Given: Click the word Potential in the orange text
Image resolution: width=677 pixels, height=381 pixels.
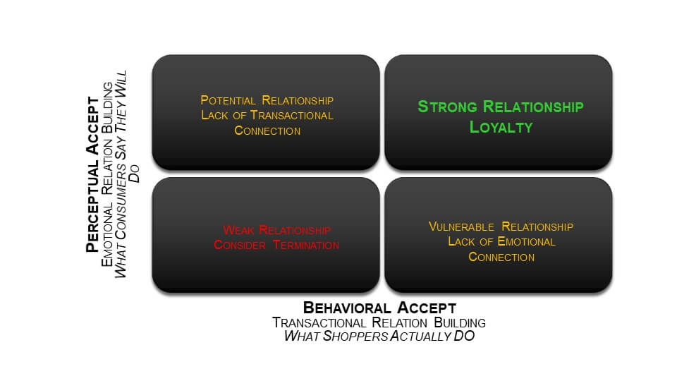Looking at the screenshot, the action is [228, 100].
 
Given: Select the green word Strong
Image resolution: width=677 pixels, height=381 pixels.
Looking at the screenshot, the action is [447, 107].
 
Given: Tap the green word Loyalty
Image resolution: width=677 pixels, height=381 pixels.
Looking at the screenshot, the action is [501, 127].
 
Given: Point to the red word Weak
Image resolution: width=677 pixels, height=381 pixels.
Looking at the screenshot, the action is [238, 230].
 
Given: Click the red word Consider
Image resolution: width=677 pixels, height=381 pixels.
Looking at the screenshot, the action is [240, 245].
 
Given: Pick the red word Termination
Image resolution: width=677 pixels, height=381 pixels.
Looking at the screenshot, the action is [306, 245].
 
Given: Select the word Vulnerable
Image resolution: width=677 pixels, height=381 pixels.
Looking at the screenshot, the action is [461, 226].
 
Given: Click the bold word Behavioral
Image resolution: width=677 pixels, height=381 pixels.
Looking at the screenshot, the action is [347, 308].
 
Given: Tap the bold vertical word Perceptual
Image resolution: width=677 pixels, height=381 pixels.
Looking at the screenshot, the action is [92, 204].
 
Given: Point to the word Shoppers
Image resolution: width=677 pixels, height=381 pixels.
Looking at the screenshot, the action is [355, 336].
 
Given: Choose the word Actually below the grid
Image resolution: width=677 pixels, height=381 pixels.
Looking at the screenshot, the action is [420, 336].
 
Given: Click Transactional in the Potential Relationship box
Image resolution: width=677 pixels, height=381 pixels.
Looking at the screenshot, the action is [292, 115].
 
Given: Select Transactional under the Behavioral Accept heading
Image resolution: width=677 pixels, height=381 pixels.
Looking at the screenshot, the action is [319, 322].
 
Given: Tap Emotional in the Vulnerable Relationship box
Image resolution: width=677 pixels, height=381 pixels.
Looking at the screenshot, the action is [526, 241].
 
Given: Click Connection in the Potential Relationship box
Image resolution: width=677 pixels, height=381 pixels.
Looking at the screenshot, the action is [267, 131].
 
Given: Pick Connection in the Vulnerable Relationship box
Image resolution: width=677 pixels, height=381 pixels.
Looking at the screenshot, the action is [501, 257].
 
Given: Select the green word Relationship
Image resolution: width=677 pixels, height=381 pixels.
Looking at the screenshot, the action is [533, 107].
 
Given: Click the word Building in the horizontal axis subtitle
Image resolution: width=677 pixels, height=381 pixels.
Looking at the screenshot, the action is [460, 322].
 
